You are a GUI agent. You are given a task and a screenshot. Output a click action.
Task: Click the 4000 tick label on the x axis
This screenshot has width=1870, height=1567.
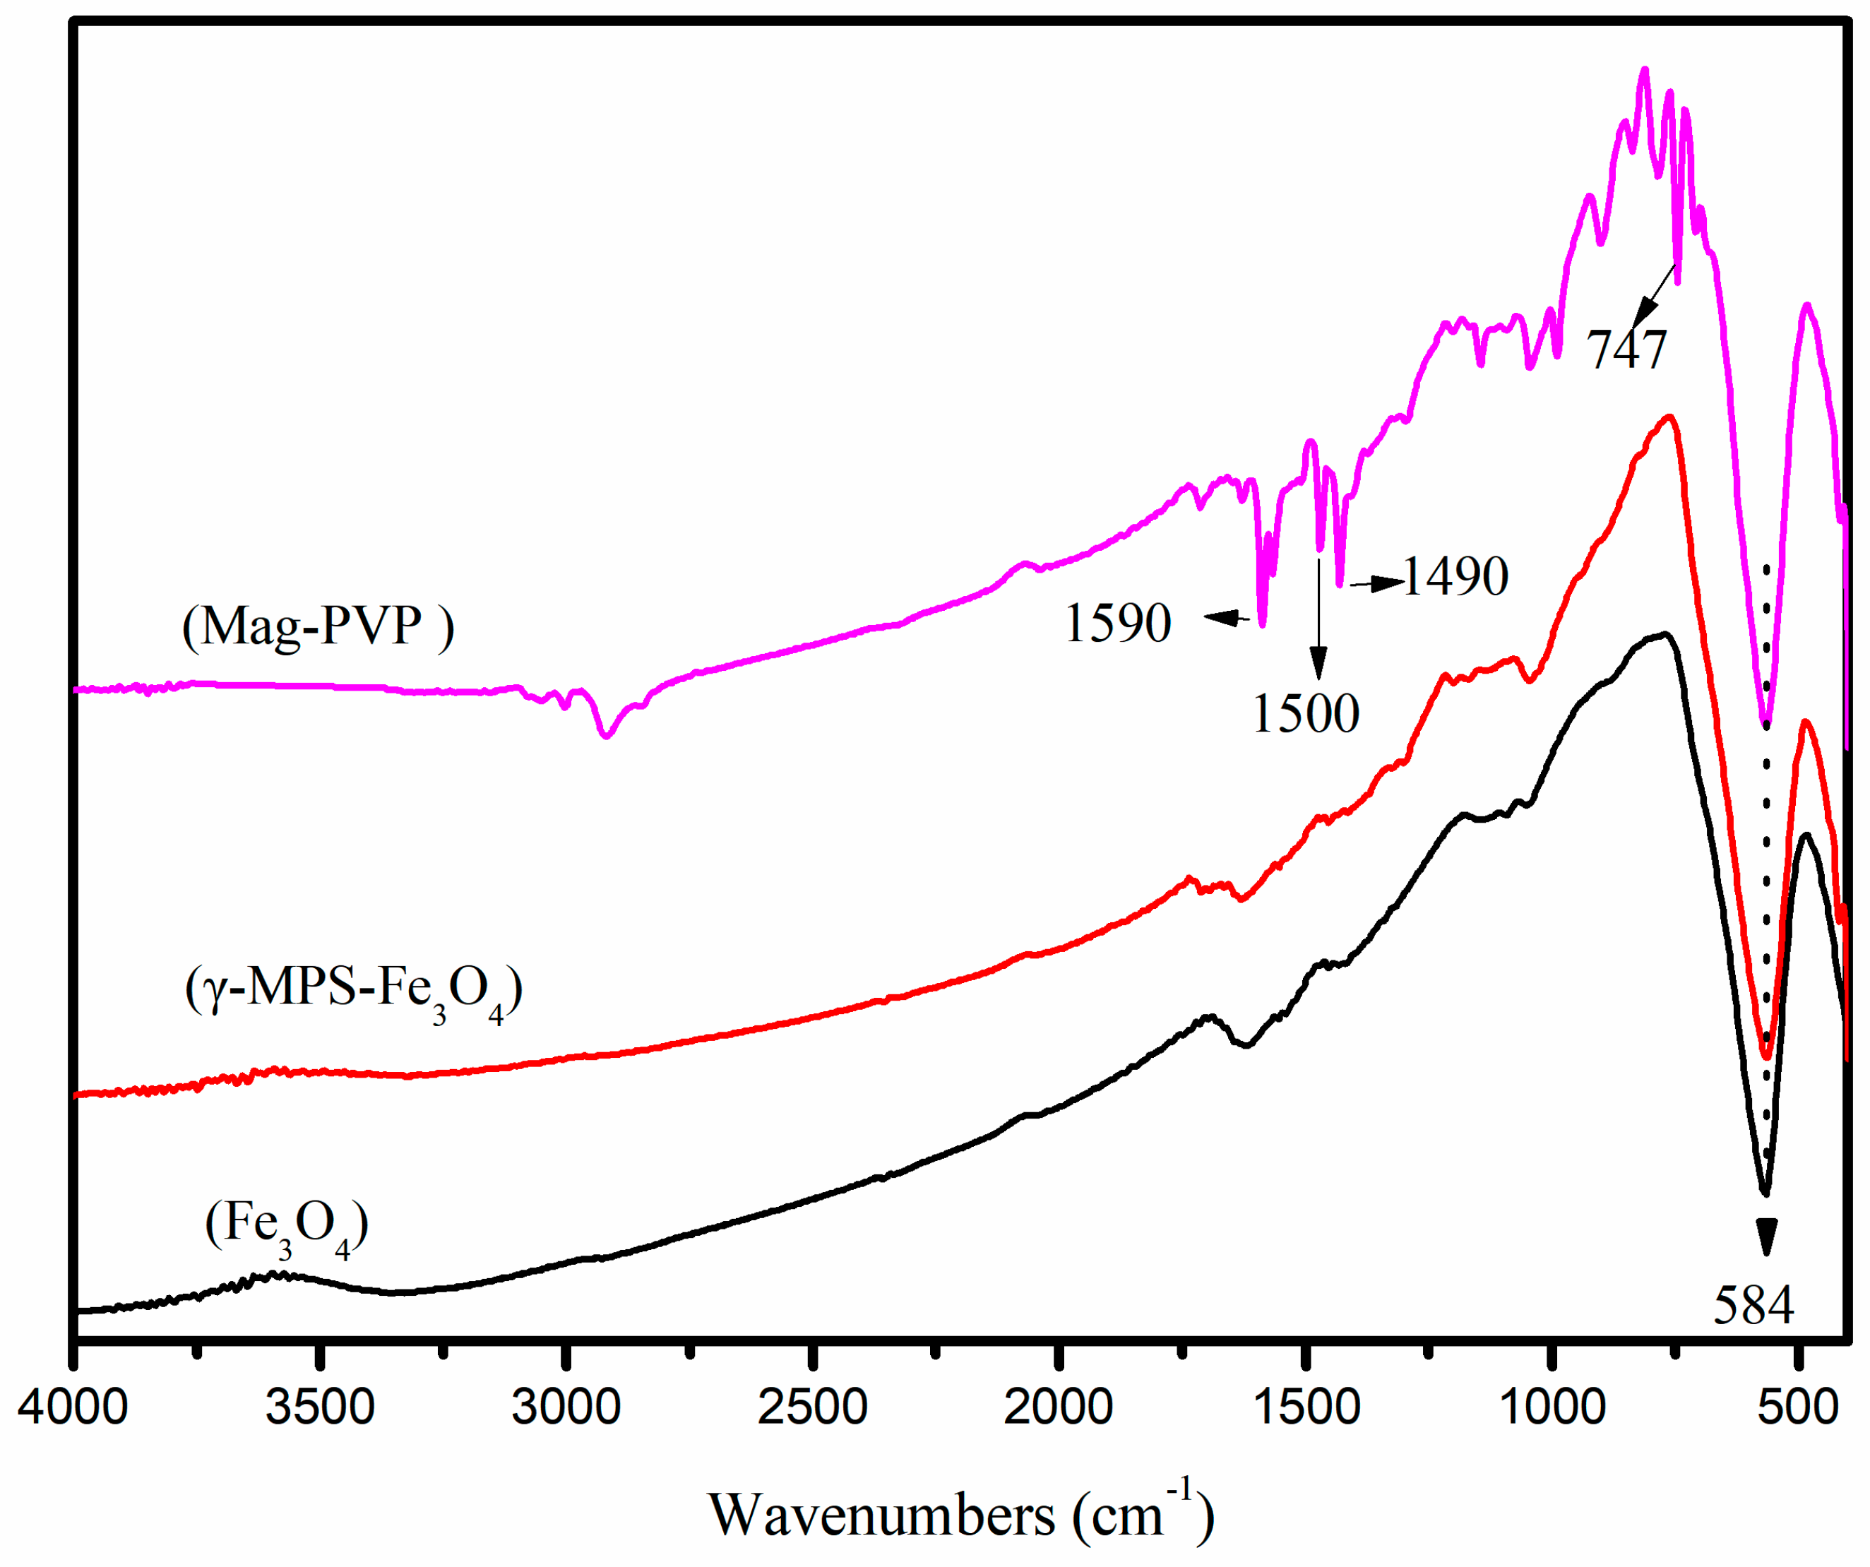point(73,1407)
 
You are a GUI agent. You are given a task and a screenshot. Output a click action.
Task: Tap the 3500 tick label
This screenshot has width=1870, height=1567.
point(321,1407)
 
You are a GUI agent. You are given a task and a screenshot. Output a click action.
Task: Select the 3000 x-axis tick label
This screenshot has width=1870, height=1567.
point(566,1407)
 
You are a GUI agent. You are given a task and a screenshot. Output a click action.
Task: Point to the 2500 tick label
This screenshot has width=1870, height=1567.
point(812,1407)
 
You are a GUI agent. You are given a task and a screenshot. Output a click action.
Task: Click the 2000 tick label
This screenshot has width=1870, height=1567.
point(1058,1407)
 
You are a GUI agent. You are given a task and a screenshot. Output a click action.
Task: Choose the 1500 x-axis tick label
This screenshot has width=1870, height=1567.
point(1306,1407)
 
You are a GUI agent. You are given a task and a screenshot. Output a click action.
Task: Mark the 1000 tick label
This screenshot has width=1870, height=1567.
point(1552,1407)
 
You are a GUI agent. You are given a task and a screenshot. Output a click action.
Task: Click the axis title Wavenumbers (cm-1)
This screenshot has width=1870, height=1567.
point(961,1513)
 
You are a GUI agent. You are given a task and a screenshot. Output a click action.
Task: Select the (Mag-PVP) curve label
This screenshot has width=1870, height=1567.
point(318,626)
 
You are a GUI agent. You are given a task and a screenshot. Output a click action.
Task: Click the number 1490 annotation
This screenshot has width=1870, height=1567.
point(1455,576)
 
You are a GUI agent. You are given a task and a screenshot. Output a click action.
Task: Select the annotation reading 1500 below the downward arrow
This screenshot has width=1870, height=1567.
point(1306,713)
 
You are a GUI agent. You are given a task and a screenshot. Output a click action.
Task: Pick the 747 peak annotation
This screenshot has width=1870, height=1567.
point(1626,349)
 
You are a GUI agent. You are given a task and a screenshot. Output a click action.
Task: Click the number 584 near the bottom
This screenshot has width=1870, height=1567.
point(1753,1305)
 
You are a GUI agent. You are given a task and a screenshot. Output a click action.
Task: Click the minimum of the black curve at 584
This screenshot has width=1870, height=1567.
point(1765,1192)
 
